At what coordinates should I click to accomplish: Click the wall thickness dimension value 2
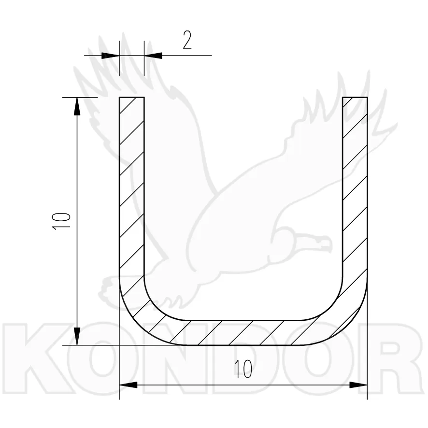(x=187, y=40)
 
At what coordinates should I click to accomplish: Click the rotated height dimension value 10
(x=62, y=221)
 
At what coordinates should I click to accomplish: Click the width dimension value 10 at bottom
(x=243, y=369)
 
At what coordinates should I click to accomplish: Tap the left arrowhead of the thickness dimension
(x=110, y=56)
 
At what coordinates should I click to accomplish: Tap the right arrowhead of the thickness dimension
(x=153, y=56)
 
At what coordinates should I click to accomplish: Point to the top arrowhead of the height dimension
(x=77, y=106)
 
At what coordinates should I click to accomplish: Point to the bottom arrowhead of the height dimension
(x=77, y=336)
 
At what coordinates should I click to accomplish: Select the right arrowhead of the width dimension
(x=358, y=385)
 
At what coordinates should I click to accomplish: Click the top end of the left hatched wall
(x=131, y=98)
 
